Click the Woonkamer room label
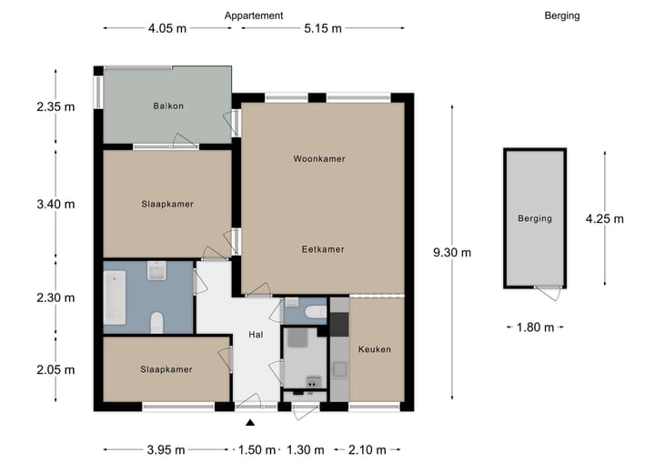click(319, 159)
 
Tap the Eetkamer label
click(323, 249)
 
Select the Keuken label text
click(375, 349)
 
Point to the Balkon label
click(168, 106)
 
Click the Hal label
click(256, 335)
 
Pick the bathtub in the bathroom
click(115, 297)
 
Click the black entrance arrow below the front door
click(250, 423)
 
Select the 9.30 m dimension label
click(452, 252)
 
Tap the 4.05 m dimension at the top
click(167, 28)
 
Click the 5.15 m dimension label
click(322, 28)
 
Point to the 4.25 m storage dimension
click(604, 218)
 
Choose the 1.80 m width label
click(535, 327)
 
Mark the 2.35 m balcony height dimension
click(55, 107)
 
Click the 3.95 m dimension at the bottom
click(166, 449)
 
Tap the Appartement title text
click(254, 15)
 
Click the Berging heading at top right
click(562, 15)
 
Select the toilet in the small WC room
click(316, 312)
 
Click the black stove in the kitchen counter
click(339, 324)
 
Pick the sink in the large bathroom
click(156, 271)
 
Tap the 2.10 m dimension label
click(368, 449)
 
